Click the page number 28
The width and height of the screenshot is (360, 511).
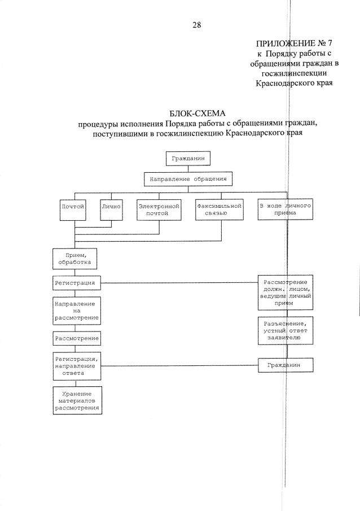pos(196,24)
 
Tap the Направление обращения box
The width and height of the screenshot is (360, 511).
pos(188,180)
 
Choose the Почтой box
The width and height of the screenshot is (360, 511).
pos(73,207)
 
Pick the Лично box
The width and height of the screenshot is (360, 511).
pos(111,207)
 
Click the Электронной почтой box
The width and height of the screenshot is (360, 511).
pos(159,210)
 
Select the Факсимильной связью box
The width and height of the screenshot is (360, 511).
pos(219,210)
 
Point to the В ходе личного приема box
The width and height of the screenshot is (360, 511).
pos(285,210)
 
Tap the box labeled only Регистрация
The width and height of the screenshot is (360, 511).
pos(77,282)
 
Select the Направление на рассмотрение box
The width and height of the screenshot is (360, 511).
pos(77,310)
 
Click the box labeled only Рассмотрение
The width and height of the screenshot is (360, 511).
pos(77,338)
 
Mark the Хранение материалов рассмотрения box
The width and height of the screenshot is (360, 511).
pos(77,400)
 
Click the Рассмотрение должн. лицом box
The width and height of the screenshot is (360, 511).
pos(285,292)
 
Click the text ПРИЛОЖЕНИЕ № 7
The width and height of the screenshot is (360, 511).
pos(292,43)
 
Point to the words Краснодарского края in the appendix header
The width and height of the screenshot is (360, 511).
pos(293,83)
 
